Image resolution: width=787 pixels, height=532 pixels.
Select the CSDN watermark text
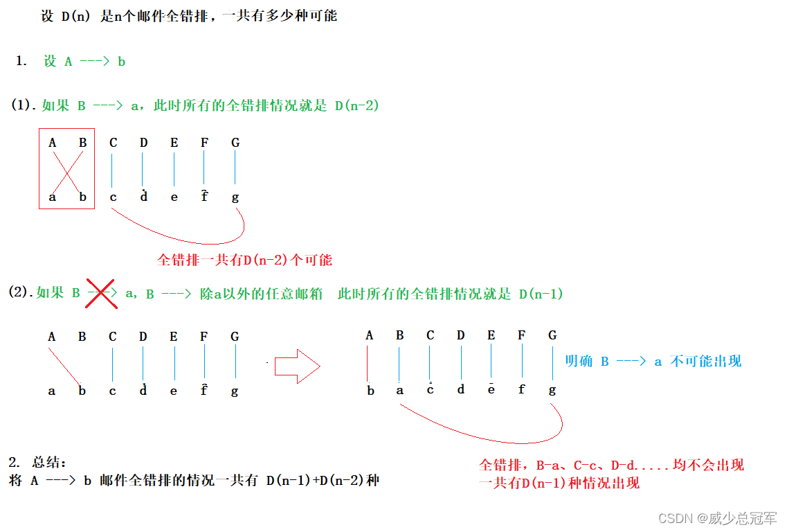pyautogui.click(x=717, y=518)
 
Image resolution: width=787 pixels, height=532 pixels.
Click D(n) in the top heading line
pyautogui.click(x=75, y=16)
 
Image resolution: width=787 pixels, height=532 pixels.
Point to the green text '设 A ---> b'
pyautogui.click(x=84, y=61)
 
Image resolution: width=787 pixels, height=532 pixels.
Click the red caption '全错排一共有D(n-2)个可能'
pyautogui.click(x=245, y=260)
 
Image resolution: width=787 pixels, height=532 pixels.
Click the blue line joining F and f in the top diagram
pyautogui.click(x=204, y=169)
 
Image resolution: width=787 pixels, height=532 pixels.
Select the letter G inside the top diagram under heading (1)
pyautogui.click(x=235, y=143)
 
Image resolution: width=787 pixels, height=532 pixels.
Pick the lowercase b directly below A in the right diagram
pyautogui.click(x=370, y=390)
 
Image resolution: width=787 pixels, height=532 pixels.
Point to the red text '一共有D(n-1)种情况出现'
pyautogui.click(x=559, y=483)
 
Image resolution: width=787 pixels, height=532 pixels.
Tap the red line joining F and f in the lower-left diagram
pyautogui.click(x=204, y=364)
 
